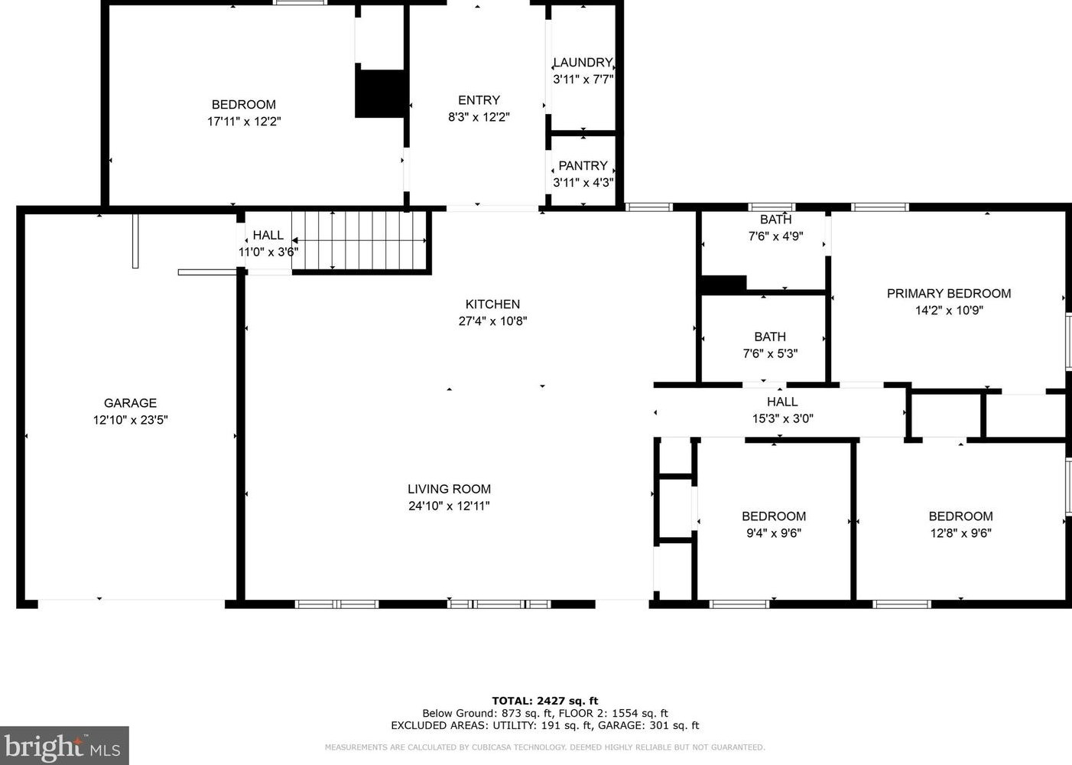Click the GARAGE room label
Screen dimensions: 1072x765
pos(130,403)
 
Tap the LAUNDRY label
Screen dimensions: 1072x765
pos(583,63)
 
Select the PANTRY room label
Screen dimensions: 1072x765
pos(583,166)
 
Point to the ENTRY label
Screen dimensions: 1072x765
pos(479,100)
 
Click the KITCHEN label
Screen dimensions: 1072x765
pos(492,304)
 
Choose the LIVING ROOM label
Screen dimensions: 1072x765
pos(449,489)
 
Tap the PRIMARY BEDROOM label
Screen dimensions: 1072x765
pos(949,294)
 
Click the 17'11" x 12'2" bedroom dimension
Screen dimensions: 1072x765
pos(244,122)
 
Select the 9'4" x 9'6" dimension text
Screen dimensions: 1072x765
pos(774,533)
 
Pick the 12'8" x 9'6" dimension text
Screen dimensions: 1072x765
pos(961,533)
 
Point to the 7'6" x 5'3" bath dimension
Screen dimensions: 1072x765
pos(770,353)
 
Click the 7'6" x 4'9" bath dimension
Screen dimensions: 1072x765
pos(776,236)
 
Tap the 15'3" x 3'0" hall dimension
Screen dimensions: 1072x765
pos(783,418)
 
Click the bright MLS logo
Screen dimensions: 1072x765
pos(64,745)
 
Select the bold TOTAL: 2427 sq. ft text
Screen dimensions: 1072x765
pos(545,701)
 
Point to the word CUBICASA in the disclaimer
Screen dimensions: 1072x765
pos(492,747)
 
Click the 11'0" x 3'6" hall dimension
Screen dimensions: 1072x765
pos(268,252)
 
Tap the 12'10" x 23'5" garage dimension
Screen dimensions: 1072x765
pos(130,420)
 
